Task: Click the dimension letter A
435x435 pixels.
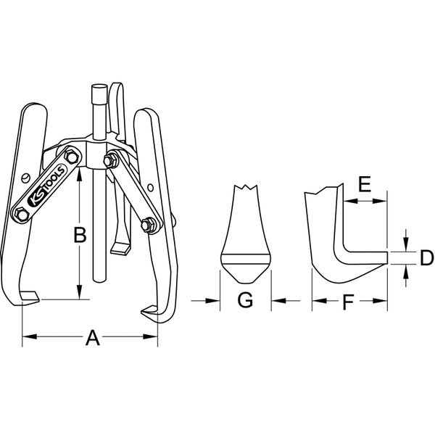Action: [x=91, y=337]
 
